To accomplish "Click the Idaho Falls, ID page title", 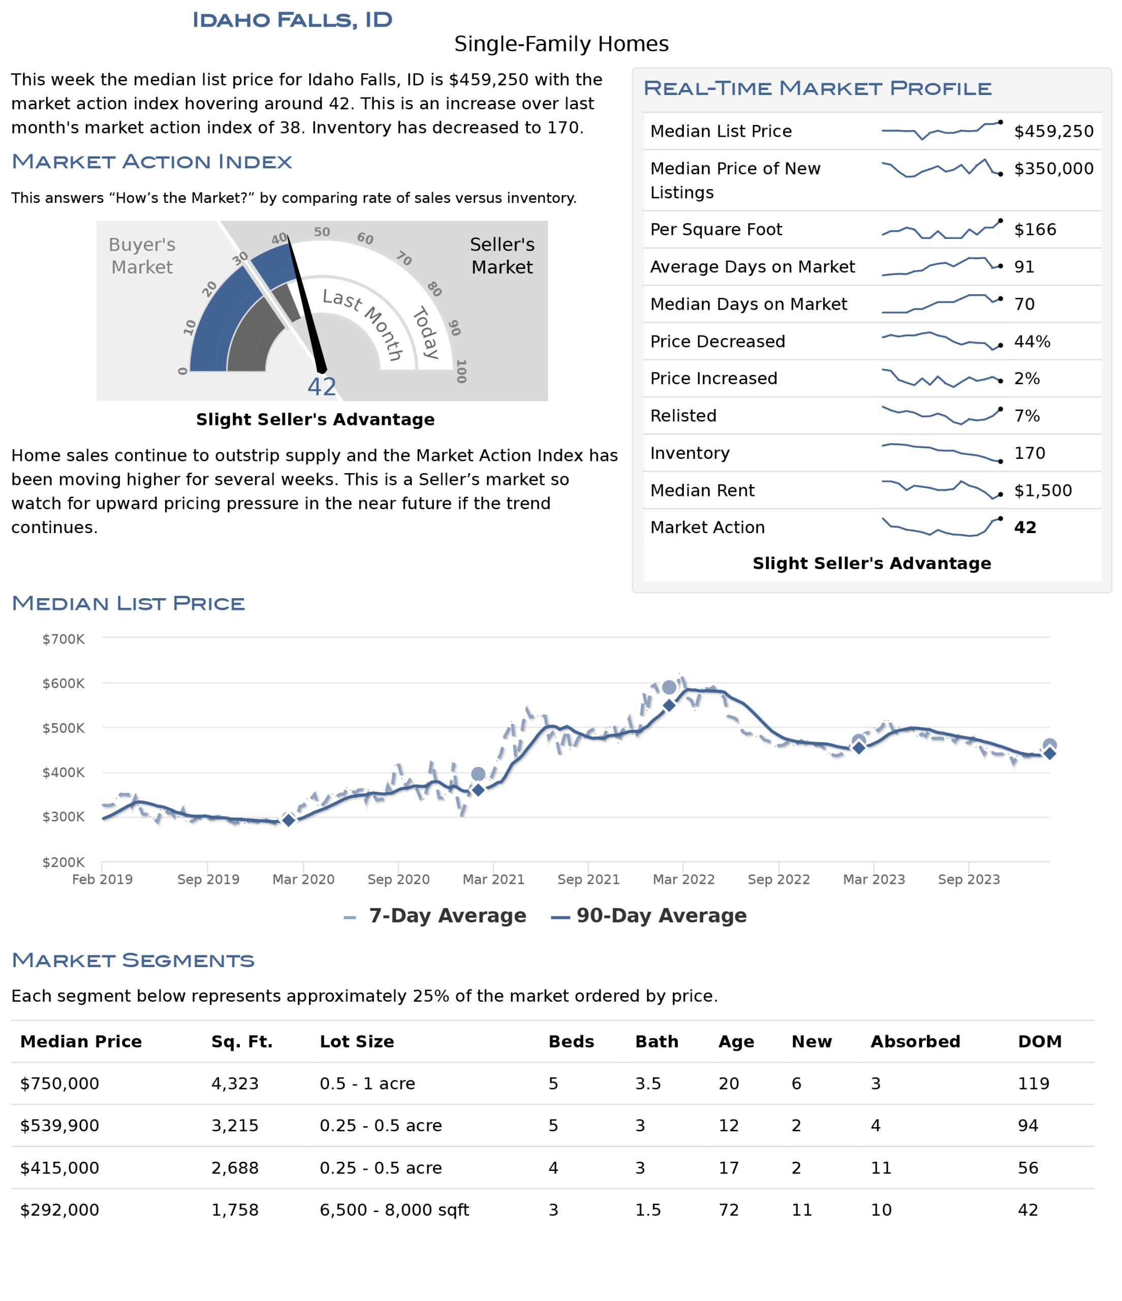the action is click(292, 20).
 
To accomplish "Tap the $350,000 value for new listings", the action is click(1053, 168).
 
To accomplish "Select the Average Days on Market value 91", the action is click(1024, 267).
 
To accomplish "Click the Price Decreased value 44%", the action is click(1032, 342).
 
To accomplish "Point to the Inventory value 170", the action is click(1030, 453).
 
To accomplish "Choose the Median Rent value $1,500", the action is click(1043, 490).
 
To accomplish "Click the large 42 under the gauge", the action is click(322, 387).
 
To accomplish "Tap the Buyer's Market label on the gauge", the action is click(142, 256).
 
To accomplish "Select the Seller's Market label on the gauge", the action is click(502, 256).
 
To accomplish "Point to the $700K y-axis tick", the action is click(64, 639).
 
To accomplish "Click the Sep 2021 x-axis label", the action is click(588, 879).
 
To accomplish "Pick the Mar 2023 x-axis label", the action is click(874, 879).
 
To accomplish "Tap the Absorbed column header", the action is click(915, 1042).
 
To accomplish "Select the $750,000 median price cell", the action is click(59, 1084).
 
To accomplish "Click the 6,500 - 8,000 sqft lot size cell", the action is click(394, 1210).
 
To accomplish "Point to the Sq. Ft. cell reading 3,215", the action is click(235, 1126).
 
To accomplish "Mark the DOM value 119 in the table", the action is click(1034, 1084).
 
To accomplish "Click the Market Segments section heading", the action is click(133, 960).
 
